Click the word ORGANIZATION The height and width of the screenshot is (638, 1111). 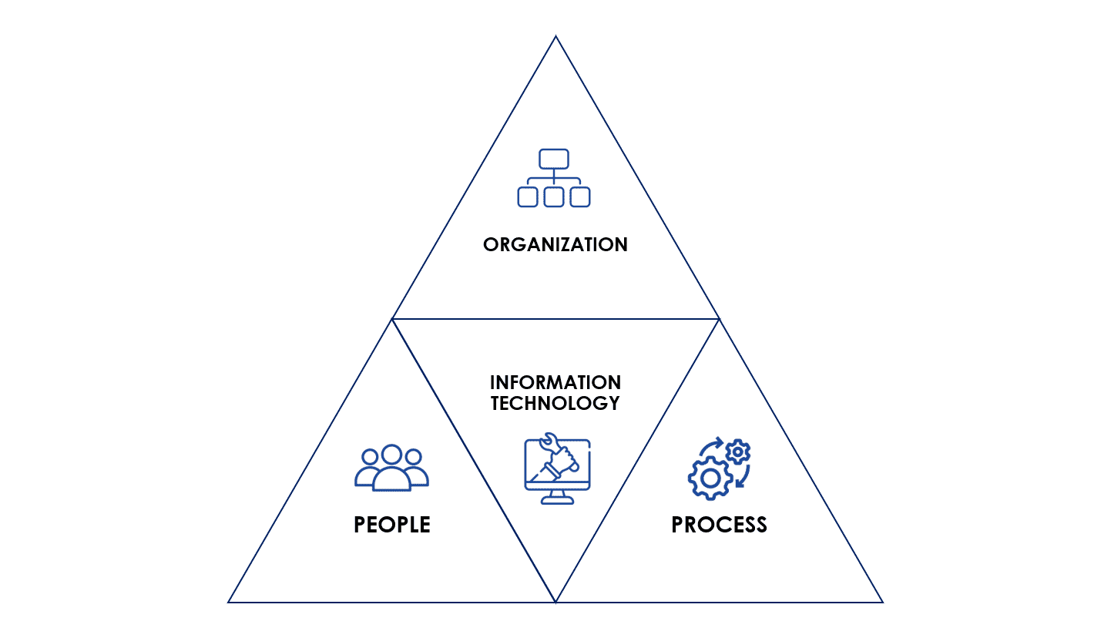555,244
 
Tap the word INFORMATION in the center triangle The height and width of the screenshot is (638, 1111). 555,382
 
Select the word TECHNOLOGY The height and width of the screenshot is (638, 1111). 555,403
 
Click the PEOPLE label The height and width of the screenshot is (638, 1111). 392,525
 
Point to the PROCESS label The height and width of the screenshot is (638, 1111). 719,525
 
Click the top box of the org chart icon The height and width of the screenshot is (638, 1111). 554,159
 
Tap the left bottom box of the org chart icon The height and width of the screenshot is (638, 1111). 528,197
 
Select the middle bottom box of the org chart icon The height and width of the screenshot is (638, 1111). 553,197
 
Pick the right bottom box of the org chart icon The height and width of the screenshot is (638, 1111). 580,197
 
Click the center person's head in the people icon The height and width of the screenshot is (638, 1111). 392,455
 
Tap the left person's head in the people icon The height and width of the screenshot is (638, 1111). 370,456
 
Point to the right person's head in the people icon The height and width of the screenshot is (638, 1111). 413,456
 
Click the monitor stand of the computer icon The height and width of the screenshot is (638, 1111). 558,497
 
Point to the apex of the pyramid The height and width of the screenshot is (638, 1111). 555,35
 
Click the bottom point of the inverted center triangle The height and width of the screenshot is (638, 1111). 555,603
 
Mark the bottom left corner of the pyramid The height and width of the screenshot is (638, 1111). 228,603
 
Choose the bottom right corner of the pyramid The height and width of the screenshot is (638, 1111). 883,603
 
